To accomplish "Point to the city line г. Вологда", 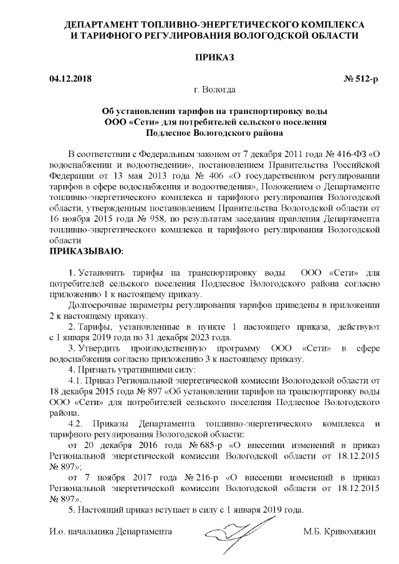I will click(215, 90).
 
